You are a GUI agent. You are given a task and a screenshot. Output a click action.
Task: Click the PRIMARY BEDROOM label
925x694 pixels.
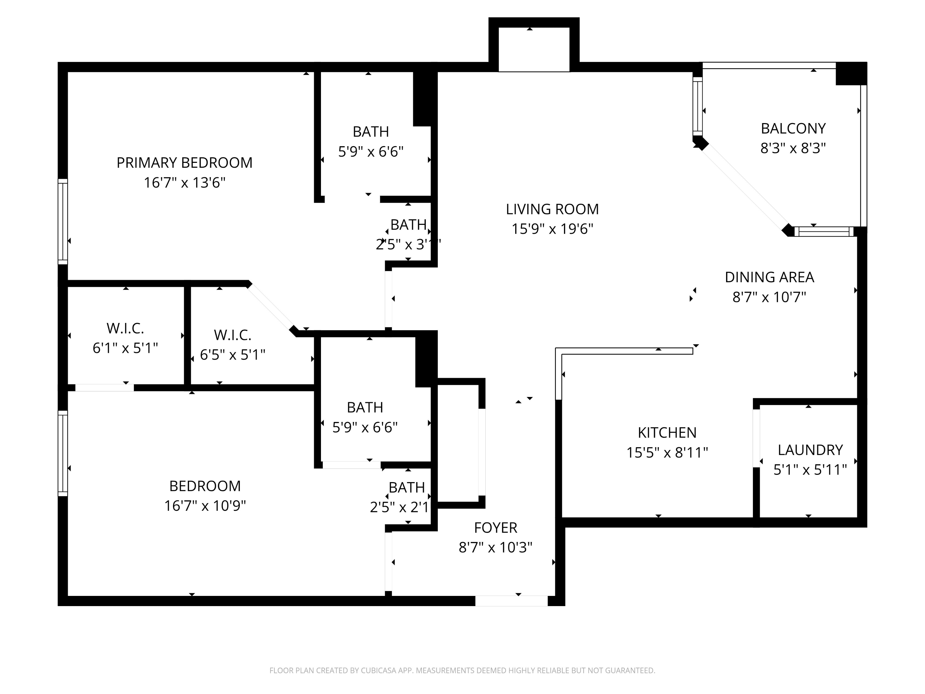pos(184,163)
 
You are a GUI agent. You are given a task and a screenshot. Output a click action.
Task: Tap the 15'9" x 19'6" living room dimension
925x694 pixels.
pos(553,229)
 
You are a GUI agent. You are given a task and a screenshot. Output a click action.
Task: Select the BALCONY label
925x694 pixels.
pos(793,128)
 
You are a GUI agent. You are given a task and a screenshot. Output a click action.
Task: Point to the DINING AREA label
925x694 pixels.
pos(769,277)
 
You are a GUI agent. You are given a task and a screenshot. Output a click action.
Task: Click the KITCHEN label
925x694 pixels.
pos(667,432)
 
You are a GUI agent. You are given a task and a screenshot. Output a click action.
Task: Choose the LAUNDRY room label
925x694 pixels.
pos(810,450)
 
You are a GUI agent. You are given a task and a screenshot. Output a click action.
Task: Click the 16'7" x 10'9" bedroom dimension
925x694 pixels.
pos(205,506)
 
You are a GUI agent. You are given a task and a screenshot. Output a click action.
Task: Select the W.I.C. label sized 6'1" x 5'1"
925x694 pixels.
pos(125,328)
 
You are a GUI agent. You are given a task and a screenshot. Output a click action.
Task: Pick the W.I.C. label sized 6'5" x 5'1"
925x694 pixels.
pos(232,335)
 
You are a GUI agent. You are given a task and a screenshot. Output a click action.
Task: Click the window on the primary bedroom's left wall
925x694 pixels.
pos(63,222)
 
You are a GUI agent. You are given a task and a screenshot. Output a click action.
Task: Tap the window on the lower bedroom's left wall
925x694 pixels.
pos(63,453)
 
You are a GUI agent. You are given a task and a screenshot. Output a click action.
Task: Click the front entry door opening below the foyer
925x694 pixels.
pos(511,601)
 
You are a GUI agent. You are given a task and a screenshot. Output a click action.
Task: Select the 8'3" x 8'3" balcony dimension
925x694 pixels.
pos(793,148)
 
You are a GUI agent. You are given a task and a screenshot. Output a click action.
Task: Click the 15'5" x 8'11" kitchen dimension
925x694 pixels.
pos(667,452)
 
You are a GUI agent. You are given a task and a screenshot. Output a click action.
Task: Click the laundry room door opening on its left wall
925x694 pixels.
pos(756,438)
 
